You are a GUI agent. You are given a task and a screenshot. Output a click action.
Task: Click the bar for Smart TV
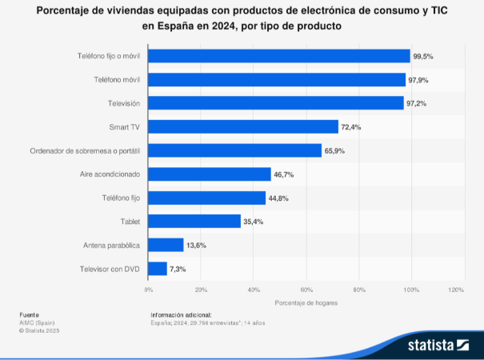243,126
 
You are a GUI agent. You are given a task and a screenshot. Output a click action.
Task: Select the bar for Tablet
194,221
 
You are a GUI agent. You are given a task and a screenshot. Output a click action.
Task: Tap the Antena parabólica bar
166,245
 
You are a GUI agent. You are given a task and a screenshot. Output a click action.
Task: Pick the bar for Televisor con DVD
158,269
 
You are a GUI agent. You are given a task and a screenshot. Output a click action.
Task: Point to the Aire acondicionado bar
210,174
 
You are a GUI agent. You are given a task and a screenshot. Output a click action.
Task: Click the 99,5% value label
423,56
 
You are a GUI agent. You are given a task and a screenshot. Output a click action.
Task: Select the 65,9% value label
334,150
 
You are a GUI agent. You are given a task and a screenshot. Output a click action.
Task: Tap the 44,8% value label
278,198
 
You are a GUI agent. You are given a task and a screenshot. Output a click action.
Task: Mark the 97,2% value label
417,103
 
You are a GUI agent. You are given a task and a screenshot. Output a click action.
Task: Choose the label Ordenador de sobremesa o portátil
86,150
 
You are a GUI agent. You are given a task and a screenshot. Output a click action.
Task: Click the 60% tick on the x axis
306,289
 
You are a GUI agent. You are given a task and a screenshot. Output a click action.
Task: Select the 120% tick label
456,289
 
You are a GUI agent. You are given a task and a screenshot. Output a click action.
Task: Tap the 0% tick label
149,289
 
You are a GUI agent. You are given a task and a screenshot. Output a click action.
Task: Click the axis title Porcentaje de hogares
306,303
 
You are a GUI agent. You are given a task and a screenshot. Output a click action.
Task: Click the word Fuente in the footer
29,315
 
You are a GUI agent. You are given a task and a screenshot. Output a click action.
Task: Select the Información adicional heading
181,315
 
